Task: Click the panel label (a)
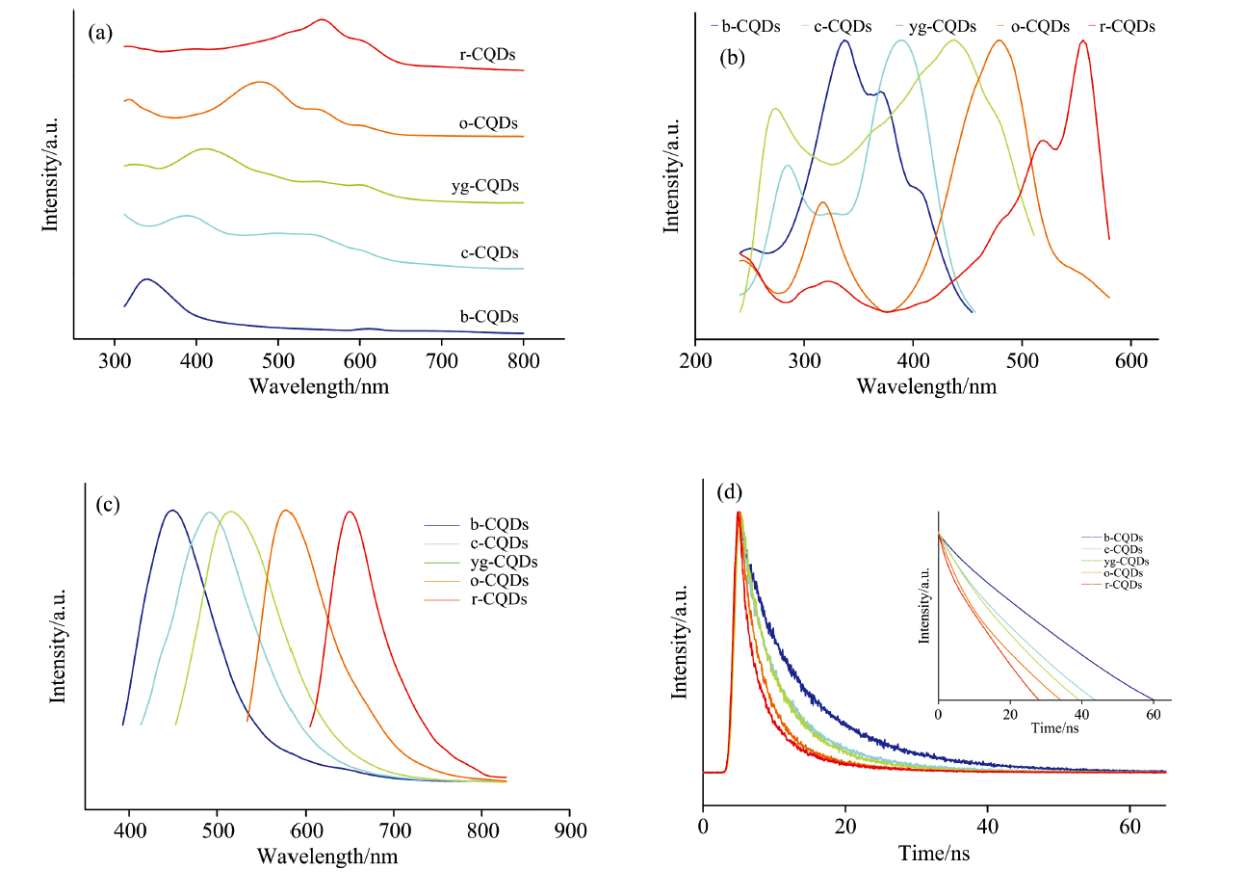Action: click(x=100, y=34)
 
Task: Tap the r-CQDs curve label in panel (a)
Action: click(x=487, y=55)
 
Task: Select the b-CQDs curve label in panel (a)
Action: click(x=489, y=317)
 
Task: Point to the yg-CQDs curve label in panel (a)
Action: click(x=485, y=186)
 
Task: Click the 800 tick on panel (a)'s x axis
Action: click(x=524, y=361)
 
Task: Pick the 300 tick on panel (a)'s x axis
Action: click(x=115, y=361)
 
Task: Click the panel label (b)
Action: click(x=732, y=58)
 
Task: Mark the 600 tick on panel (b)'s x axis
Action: click(x=1130, y=361)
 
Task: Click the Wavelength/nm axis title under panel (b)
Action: click(x=926, y=386)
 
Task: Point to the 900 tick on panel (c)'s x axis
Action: click(x=570, y=830)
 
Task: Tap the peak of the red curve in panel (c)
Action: click(x=350, y=512)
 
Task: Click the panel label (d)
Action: click(x=730, y=492)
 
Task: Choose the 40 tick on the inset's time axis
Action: click(x=1082, y=715)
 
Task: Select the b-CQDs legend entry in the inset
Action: click(x=1123, y=538)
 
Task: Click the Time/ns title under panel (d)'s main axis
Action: click(x=934, y=853)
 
